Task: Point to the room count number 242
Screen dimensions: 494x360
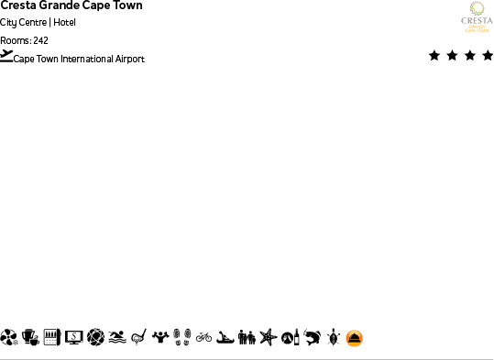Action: pyautogui.click(x=40, y=40)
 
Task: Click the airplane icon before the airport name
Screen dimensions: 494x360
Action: pyautogui.click(x=6, y=56)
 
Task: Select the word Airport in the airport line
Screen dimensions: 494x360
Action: pyautogui.click(x=129, y=60)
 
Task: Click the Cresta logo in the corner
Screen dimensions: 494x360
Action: pyautogui.click(x=476, y=17)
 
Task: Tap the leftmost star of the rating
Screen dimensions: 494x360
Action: pyautogui.click(x=434, y=56)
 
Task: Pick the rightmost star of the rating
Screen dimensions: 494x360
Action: pyautogui.click(x=487, y=56)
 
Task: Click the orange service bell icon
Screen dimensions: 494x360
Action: pyautogui.click(x=355, y=338)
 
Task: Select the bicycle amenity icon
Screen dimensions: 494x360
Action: pyautogui.click(x=203, y=338)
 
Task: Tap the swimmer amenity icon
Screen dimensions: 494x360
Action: pyautogui.click(x=116, y=338)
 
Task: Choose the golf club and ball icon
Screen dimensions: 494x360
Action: pyautogui.click(x=138, y=338)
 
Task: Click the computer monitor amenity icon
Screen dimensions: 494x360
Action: pyautogui.click(x=73, y=338)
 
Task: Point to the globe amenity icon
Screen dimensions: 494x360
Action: pyautogui.click(x=95, y=338)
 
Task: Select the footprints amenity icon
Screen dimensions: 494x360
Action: pyautogui.click(x=181, y=338)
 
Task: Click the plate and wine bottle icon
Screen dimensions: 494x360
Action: pyautogui.click(x=290, y=338)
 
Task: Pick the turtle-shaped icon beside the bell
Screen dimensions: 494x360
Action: pyautogui.click(x=334, y=338)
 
